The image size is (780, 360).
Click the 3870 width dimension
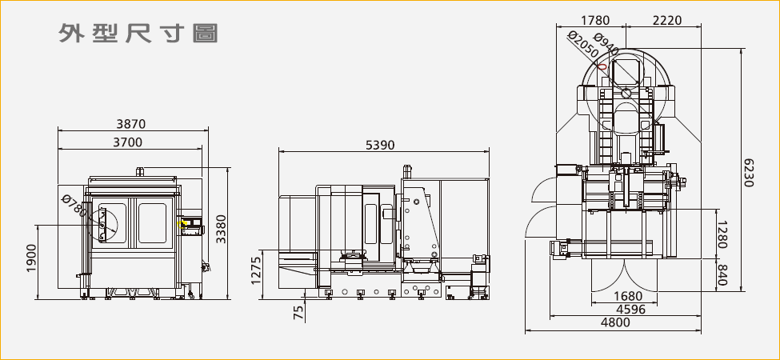[130, 124]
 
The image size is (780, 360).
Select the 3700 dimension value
[128, 142]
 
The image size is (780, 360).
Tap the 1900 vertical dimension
[33, 258]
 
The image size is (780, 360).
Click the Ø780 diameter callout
[74, 207]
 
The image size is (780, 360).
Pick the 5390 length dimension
[380, 145]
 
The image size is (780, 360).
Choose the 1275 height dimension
[257, 270]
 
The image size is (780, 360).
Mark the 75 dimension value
[298, 312]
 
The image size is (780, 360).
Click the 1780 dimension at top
[594, 20]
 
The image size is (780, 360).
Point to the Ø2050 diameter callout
[582, 48]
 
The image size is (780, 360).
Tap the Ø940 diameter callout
[607, 49]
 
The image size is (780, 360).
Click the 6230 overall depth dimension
[749, 172]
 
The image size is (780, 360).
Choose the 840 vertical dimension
[722, 275]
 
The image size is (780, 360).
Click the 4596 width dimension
[630, 310]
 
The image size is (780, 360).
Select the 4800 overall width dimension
[614, 322]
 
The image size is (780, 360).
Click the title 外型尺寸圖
[138, 34]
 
